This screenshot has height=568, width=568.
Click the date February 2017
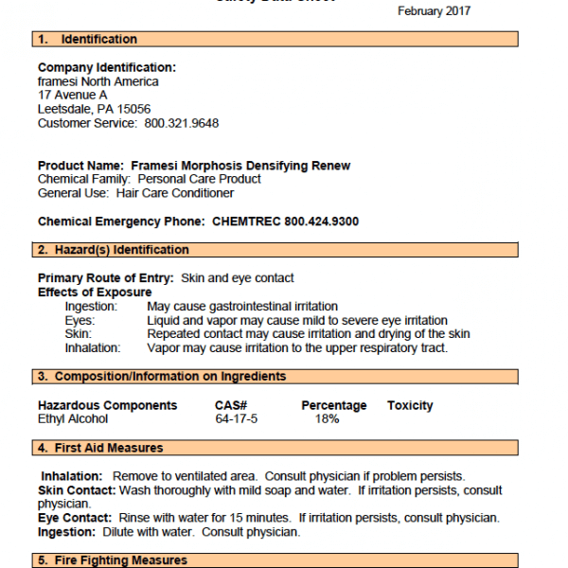pyautogui.click(x=434, y=11)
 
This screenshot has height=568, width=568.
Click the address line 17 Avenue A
pyautogui.click(x=73, y=96)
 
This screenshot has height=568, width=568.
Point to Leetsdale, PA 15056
pyautogui.click(x=94, y=110)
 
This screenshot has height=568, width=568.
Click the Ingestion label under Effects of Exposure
pyautogui.click(x=91, y=307)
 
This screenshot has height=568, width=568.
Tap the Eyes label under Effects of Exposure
pyautogui.click(x=80, y=321)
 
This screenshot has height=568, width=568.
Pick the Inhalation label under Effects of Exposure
pyautogui.click(x=93, y=347)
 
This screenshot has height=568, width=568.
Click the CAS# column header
pyautogui.click(x=231, y=405)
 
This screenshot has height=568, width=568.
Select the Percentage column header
pyautogui.click(x=333, y=405)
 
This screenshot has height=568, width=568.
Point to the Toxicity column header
pyautogui.click(x=410, y=405)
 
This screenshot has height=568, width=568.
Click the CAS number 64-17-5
pyautogui.click(x=237, y=418)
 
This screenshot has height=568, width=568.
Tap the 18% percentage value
pyautogui.click(x=327, y=418)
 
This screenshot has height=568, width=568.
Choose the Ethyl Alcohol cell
pyautogui.click(x=73, y=418)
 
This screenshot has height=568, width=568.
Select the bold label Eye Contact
pyautogui.click(x=75, y=518)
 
